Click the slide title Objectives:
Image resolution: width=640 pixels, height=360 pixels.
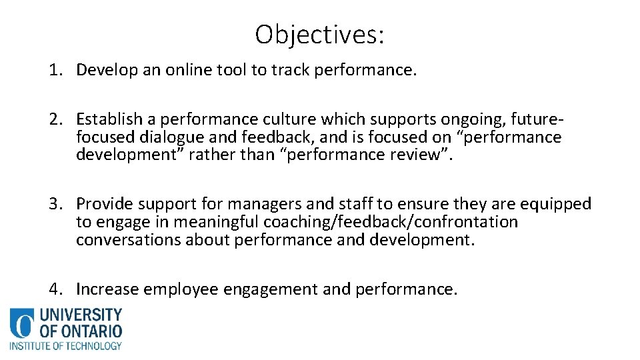[319, 35]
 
